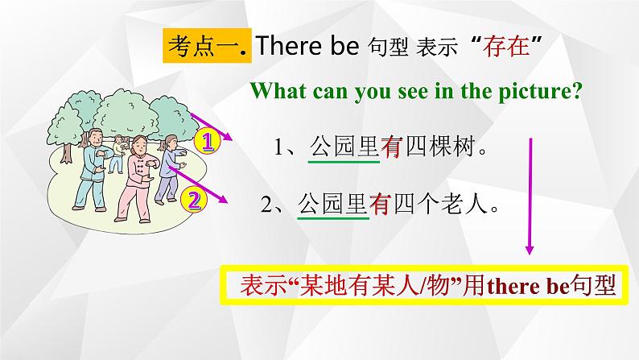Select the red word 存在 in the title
pos(505,47)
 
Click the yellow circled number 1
pos(208,143)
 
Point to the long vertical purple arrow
pos(530,193)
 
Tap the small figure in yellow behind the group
pos(118,150)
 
